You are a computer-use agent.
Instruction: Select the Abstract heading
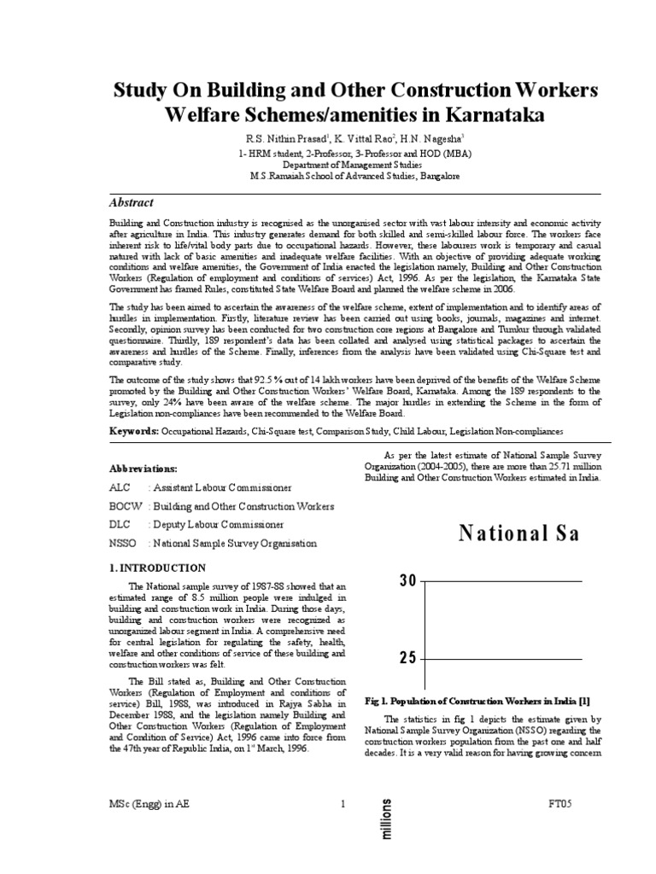132,203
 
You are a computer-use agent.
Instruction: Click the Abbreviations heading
143,469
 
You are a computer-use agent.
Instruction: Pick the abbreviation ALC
120,487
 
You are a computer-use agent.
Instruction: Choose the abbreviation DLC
121,524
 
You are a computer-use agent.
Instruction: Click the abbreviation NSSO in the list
125,543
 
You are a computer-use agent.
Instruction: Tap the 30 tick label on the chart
407,581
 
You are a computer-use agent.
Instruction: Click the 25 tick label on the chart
407,658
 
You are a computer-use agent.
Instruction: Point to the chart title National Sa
519,534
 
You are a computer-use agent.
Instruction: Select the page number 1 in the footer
343,804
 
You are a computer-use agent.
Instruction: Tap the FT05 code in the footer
559,804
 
